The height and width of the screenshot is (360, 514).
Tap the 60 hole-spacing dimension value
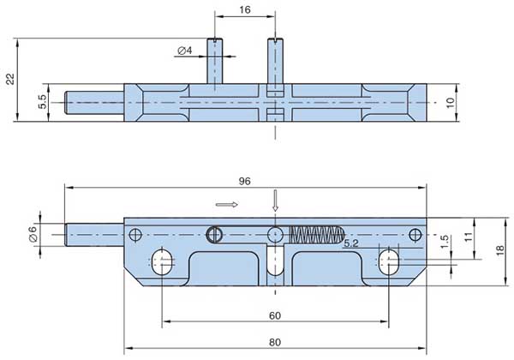[275, 315]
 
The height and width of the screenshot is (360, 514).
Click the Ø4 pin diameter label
[184, 51]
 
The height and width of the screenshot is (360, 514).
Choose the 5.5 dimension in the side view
[42, 102]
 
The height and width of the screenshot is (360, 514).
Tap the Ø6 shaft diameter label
[33, 233]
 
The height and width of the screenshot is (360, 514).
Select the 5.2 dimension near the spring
[351, 244]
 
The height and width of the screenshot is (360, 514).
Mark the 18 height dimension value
[499, 249]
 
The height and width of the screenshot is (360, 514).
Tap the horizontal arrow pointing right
[226, 205]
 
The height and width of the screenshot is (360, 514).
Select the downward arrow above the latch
[275, 201]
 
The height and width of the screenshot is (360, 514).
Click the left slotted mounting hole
[163, 262]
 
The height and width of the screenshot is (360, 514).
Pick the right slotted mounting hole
[390, 262]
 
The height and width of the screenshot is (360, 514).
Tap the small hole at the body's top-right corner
[415, 234]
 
